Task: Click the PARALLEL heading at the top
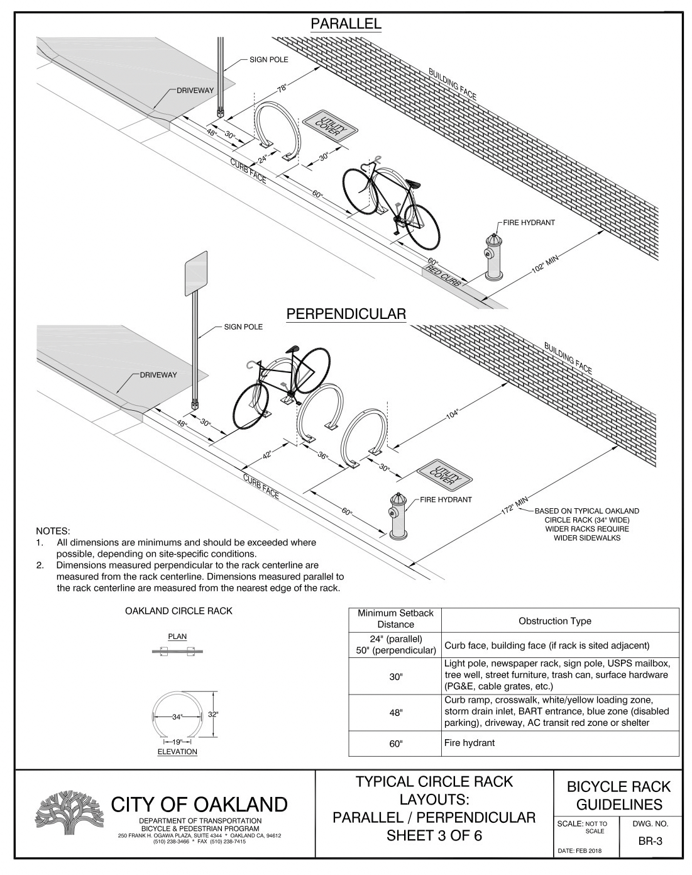click(346, 25)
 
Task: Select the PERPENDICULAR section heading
click(346, 314)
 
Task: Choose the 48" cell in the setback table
click(395, 712)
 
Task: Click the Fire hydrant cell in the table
click(470, 743)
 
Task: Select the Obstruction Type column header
click(554, 621)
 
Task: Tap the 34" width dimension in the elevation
click(177, 716)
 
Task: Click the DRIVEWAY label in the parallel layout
click(195, 91)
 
